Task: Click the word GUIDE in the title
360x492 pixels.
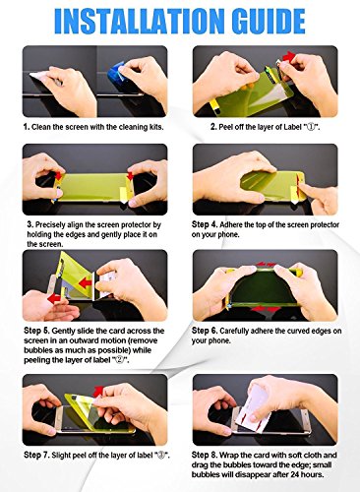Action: (x=269, y=21)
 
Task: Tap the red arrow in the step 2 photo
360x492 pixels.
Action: (x=288, y=56)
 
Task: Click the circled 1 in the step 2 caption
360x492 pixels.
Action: (x=311, y=127)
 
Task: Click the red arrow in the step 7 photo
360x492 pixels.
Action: (x=97, y=392)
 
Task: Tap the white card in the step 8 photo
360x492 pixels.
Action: (x=259, y=406)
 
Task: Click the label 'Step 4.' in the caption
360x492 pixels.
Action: (x=205, y=224)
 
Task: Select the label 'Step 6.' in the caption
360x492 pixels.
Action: (x=205, y=331)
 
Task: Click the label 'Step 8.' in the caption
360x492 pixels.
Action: (x=205, y=455)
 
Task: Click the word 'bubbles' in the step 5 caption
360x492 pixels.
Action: (x=36, y=350)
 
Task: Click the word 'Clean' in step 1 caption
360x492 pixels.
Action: (x=41, y=127)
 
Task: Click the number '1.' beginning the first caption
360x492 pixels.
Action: (x=27, y=127)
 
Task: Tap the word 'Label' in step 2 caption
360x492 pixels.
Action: (x=292, y=127)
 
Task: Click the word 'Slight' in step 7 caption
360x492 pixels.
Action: (x=61, y=456)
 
